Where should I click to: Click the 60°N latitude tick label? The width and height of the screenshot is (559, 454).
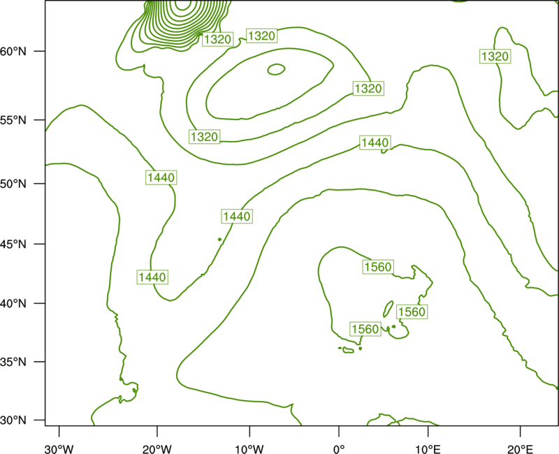coord(13,51)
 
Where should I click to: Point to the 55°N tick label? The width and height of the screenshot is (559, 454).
coord(13,120)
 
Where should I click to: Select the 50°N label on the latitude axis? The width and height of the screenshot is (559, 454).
coord(13,184)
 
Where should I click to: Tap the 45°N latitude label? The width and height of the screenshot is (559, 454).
coord(13,244)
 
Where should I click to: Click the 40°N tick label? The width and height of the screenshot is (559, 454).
coord(13,304)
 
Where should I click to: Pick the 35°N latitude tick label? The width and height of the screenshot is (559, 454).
coord(13,362)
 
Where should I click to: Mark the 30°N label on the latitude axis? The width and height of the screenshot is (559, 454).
coord(13,420)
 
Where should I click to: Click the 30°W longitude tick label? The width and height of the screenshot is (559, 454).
coord(59,449)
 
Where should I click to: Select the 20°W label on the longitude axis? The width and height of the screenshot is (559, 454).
coord(157,449)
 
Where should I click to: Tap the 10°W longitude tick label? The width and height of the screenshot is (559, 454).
coord(249,449)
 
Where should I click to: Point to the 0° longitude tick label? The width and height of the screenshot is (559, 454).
coord(339,449)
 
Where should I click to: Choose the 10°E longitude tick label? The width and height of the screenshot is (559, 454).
coord(428,449)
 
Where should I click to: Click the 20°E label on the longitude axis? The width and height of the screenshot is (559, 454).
coord(520,449)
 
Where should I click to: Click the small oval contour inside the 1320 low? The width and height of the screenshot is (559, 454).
coord(276,64)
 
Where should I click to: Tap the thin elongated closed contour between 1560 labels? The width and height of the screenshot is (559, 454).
coord(388,309)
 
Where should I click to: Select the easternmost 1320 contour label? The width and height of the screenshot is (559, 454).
coord(495,57)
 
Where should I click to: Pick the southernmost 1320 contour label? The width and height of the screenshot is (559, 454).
coord(204,136)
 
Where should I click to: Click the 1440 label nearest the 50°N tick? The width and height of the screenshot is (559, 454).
coord(161,177)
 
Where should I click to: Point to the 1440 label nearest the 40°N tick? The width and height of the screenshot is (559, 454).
coord(152,277)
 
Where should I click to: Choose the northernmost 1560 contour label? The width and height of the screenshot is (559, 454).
coord(378,267)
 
